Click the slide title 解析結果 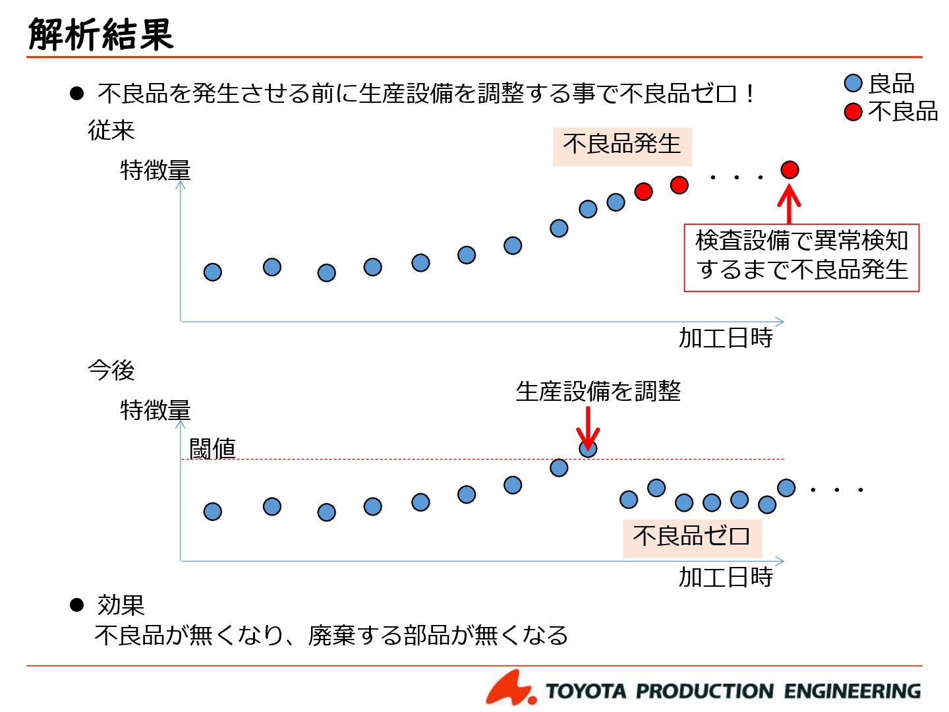101,34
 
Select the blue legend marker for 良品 853,83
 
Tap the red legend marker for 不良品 853,112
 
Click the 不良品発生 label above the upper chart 621,144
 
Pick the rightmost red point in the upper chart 790,170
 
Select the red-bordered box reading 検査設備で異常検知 801,256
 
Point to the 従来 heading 111,131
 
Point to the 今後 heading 111,371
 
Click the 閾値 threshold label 212,449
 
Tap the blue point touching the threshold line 588,448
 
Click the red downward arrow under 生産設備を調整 588,427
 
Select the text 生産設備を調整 598,392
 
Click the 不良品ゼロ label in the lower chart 691,536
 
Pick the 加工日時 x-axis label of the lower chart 726,578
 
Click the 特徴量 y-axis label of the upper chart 156,171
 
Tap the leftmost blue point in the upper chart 212,272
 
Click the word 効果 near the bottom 121,605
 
